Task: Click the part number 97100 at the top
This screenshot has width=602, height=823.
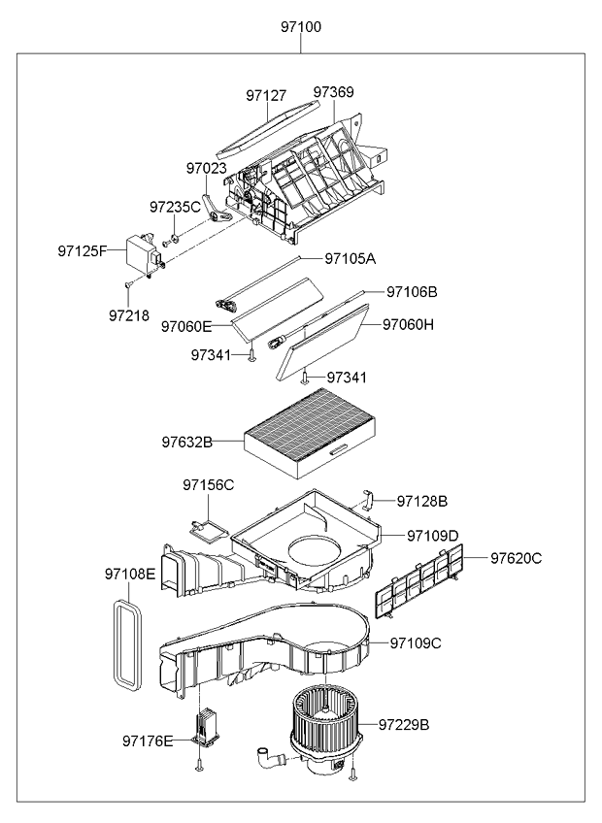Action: click(301, 27)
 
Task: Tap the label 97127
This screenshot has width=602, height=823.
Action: click(266, 96)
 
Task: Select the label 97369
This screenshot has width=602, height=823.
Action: click(333, 93)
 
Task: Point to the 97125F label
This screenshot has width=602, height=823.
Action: click(82, 251)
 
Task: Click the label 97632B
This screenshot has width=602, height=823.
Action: click(187, 443)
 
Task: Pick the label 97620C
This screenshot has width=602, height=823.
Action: click(516, 558)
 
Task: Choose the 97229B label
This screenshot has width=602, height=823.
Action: click(404, 724)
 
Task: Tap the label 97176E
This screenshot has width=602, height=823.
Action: click(148, 741)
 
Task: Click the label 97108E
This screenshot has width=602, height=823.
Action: click(130, 575)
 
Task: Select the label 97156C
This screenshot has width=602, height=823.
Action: click(209, 484)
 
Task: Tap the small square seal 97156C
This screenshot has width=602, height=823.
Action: click(207, 529)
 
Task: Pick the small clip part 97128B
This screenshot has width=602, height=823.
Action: click(370, 500)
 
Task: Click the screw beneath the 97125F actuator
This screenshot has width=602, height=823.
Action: click(127, 284)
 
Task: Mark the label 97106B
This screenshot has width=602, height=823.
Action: click(412, 291)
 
